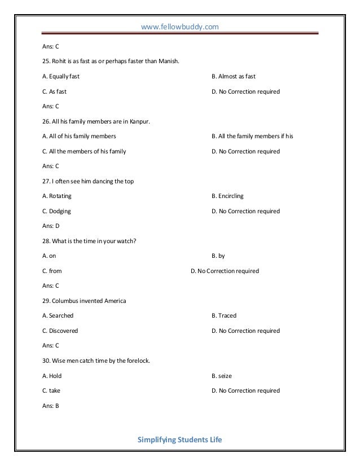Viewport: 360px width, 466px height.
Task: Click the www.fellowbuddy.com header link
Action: pos(180,27)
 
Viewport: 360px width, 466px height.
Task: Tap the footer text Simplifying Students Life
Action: pos(180,439)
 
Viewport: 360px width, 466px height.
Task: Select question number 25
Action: pos(46,61)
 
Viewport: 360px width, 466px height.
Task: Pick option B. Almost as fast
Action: pos(234,76)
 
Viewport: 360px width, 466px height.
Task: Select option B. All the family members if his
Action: pos(252,137)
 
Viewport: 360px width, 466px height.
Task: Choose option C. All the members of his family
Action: pos(84,151)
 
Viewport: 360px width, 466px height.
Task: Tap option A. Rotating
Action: pos(57,196)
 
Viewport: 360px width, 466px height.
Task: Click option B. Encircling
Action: pos(227,196)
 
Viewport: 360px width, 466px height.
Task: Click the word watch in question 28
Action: pos(128,241)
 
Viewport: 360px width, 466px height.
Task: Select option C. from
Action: pos(52,271)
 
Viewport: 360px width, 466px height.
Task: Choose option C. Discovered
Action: pos(60,331)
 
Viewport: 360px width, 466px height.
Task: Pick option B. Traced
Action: pos(224,316)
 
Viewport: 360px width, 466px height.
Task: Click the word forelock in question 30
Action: pos(137,361)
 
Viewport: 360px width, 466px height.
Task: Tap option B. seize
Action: pos(222,376)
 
